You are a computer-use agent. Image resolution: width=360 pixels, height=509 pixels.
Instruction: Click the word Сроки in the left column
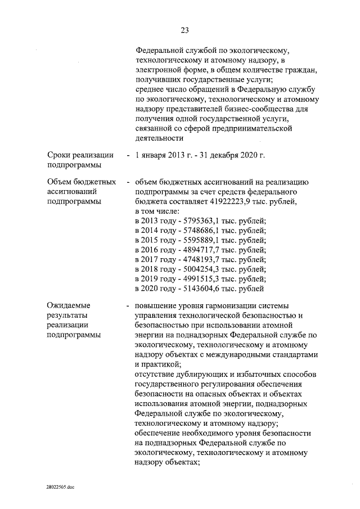point(60,155)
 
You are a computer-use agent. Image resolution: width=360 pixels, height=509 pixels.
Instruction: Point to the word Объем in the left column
point(61,182)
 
